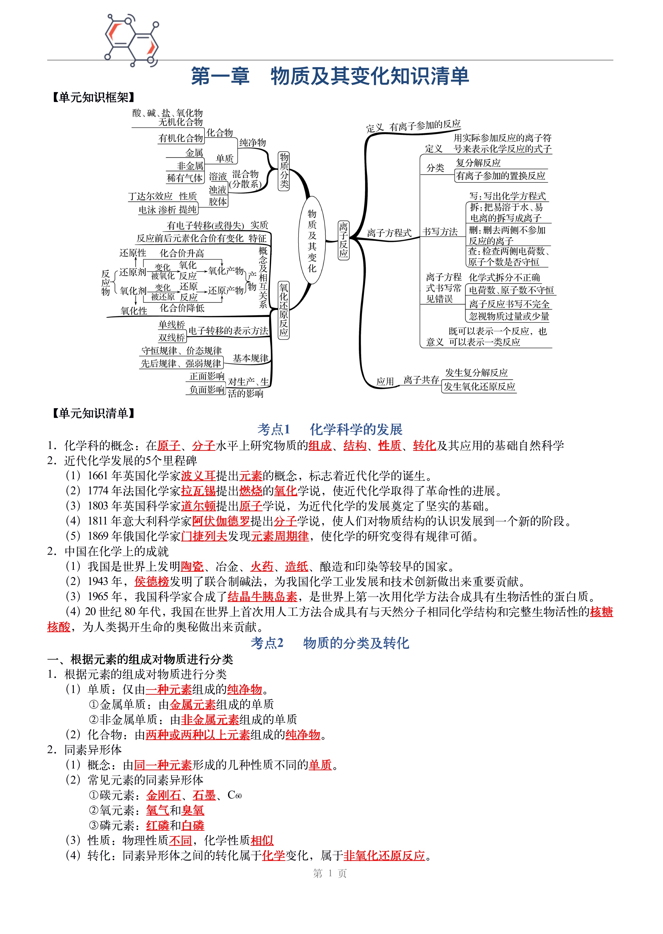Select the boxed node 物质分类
pos(284,171)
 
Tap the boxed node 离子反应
pos(344,240)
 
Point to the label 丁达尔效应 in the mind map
pos(151,196)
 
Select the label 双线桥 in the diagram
pos(172,338)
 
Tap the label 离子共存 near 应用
pos(421,380)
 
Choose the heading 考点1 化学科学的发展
pos(330,429)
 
